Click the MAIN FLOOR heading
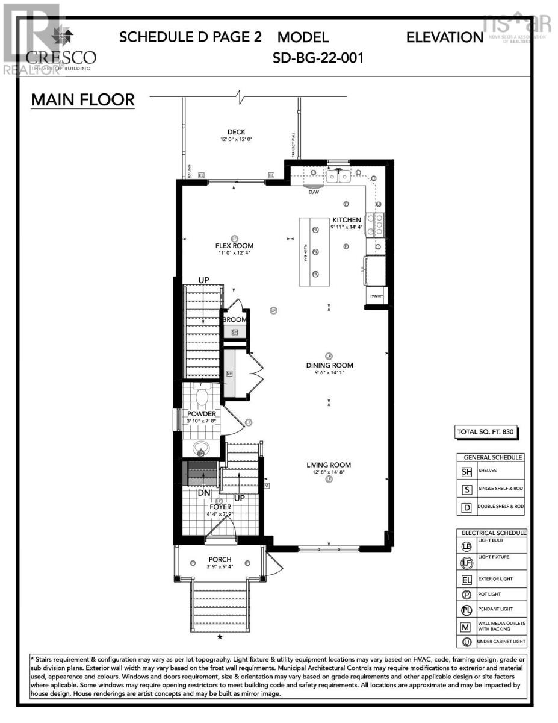coord(82,99)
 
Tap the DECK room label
coord(236,133)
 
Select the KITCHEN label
coord(346,220)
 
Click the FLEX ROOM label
coord(234,246)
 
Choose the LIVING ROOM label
coord(329,465)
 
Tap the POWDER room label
coord(201,414)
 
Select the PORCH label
coord(220,560)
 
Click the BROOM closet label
coord(234,320)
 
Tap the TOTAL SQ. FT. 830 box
coord(486,432)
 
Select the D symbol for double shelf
coord(467,507)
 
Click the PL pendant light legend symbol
coord(467,610)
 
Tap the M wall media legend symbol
coord(467,627)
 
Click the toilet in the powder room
coord(202,397)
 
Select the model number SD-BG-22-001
coord(318,59)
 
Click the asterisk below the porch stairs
coord(220,637)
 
